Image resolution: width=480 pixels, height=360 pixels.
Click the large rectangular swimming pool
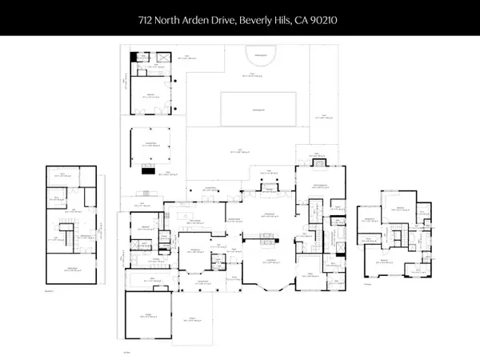click(x=258, y=107)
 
